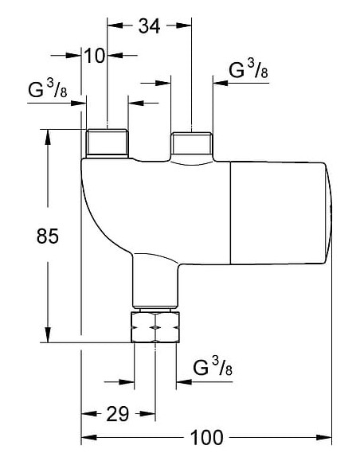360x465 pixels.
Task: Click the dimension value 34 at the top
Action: point(149,25)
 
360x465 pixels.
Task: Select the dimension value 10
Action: point(96,55)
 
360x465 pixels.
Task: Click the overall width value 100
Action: point(206,437)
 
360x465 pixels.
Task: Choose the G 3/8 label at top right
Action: point(248,72)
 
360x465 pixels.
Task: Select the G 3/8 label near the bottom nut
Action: point(213,368)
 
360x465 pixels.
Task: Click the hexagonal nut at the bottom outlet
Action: point(155,326)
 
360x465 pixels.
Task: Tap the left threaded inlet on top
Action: point(104,144)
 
